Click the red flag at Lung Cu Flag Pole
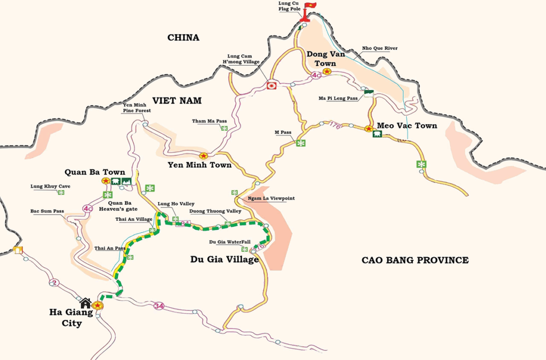[309, 6]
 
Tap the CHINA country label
[183, 37]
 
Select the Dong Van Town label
[325, 59]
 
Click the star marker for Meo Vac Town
[368, 129]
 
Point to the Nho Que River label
[380, 49]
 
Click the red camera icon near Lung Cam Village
[271, 85]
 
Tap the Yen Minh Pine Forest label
[137, 108]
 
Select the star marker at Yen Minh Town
[203, 156]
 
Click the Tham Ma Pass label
[210, 121]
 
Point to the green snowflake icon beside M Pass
[301, 143]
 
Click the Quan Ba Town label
[95, 172]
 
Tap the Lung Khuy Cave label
[50, 187]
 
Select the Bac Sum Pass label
[47, 211]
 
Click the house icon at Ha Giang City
[85, 302]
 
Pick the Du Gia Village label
[224, 260]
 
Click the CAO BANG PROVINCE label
[415, 260]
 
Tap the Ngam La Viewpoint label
[271, 198]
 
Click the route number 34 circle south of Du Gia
[158, 306]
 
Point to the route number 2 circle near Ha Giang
[53, 282]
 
